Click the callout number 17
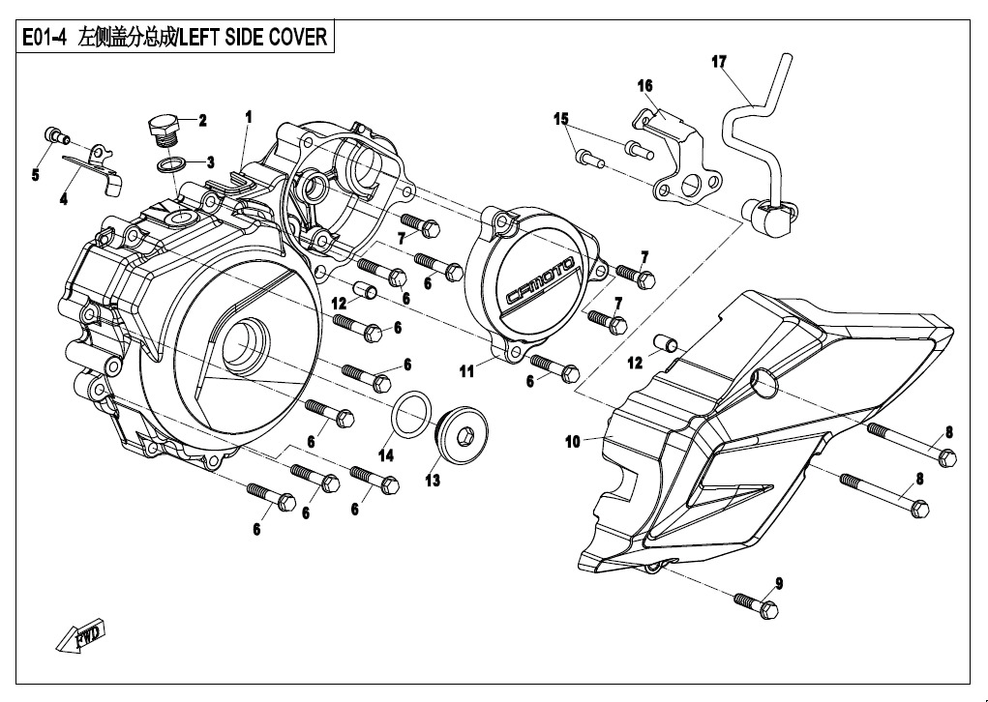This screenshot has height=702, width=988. (718, 62)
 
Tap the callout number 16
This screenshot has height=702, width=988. (645, 86)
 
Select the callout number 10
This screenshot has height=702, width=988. (572, 442)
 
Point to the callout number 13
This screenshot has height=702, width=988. (433, 481)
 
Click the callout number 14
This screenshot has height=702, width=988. (386, 455)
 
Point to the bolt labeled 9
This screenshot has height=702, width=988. (756, 605)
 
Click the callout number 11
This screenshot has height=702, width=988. (466, 370)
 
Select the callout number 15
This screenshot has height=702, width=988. (560, 119)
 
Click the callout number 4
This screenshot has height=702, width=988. (63, 200)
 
